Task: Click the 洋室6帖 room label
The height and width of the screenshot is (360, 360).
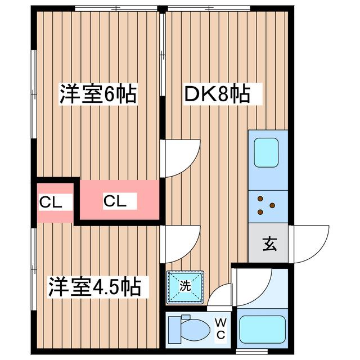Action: coord(99,94)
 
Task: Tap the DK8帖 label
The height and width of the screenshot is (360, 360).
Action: coord(216,94)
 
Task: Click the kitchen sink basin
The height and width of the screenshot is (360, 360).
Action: coord(267,152)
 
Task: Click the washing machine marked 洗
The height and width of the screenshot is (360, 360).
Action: coord(186,286)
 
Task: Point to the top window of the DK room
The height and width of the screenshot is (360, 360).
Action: coord(208,8)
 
